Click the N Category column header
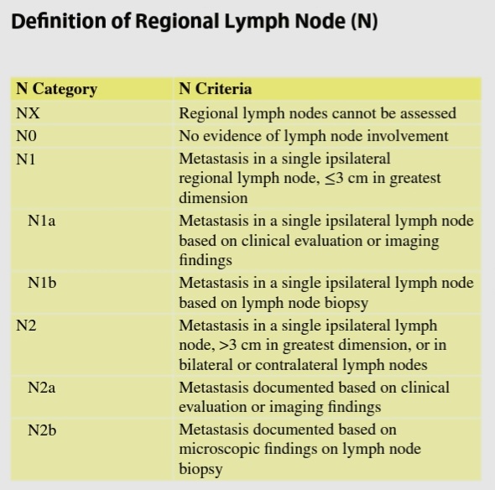tap(56, 89)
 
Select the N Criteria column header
tap(216, 88)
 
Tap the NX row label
tap(28, 113)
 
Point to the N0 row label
tap(26, 136)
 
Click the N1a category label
tap(41, 221)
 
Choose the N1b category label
tap(42, 282)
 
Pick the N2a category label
tap(41, 387)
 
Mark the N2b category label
tap(42, 430)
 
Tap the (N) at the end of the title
tap(364, 22)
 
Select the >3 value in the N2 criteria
tap(227, 345)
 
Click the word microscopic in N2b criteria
tap(219, 449)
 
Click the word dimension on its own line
tap(213, 198)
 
